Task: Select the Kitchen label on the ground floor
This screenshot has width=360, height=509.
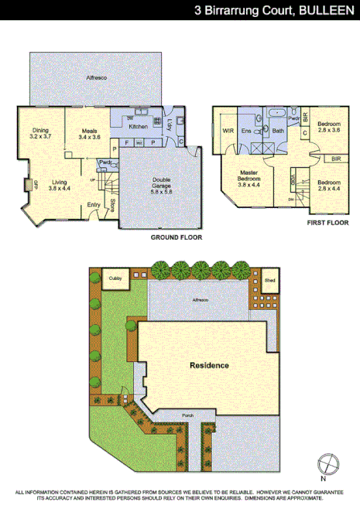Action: point(138,126)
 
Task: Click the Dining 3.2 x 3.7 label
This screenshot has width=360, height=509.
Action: point(40,133)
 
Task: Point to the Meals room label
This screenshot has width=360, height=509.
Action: point(89,133)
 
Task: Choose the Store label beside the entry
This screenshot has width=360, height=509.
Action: point(113,206)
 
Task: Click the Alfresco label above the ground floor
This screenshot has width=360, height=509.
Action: point(96,79)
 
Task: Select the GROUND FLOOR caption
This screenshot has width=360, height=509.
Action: point(176,237)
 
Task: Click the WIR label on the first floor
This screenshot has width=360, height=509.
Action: point(228,132)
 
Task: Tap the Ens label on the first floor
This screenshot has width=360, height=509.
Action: point(247,132)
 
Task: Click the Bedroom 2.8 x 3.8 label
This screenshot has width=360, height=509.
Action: point(329,127)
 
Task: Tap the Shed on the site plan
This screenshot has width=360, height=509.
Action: point(269,281)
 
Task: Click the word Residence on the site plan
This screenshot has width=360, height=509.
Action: point(209,364)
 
